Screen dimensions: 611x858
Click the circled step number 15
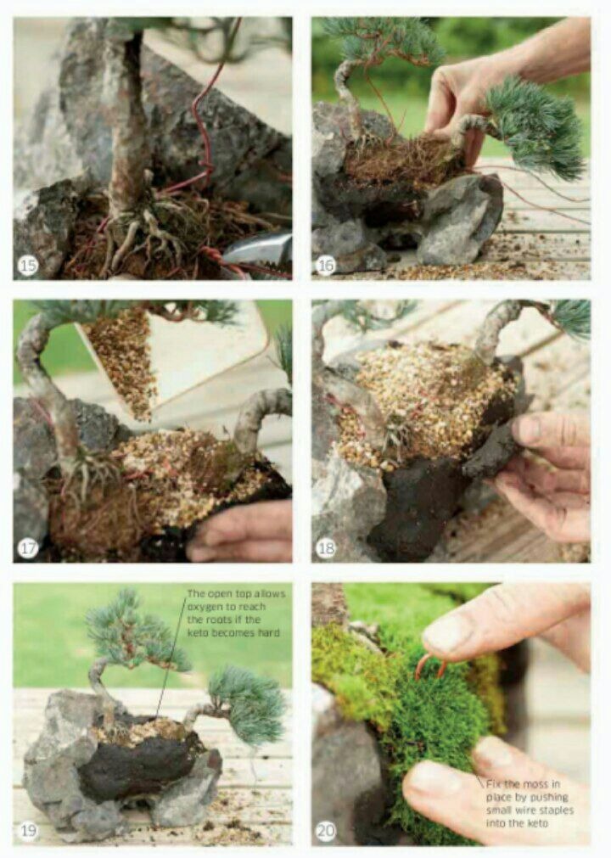pyautogui.click(x=28, y=266)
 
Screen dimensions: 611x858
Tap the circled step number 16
pyautogui.click(x=326, y=266)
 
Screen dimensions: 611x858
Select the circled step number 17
pyautogui.click(x=28, y=548)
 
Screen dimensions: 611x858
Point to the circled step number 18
pyautogui.click(x=326, y=548)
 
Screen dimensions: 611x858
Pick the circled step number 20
pyautogui.click(x=327, y=831)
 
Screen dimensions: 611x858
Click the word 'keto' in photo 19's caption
pyautogui.click(x=197, y=632)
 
